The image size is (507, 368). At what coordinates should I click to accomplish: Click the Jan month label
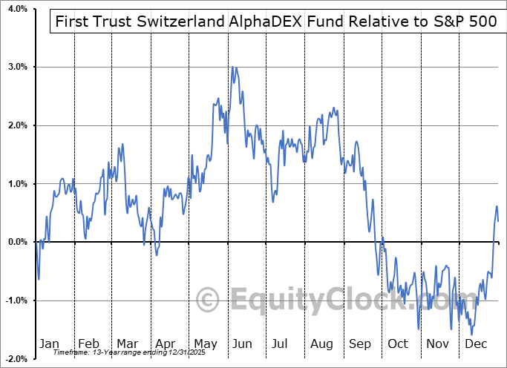[48, 344]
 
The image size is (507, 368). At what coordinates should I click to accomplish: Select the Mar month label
[127, 344]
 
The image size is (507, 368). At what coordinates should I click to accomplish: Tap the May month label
[206, 344]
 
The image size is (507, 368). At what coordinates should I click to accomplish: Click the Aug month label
[322, 344]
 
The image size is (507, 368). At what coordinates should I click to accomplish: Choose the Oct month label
[399, 344]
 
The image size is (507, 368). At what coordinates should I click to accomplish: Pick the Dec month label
[477, 344]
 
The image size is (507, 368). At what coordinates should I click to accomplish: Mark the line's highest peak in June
[232, 67]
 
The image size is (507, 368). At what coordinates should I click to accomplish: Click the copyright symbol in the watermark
[209, 300]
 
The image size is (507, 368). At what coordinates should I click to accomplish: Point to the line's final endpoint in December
[498, 221]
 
